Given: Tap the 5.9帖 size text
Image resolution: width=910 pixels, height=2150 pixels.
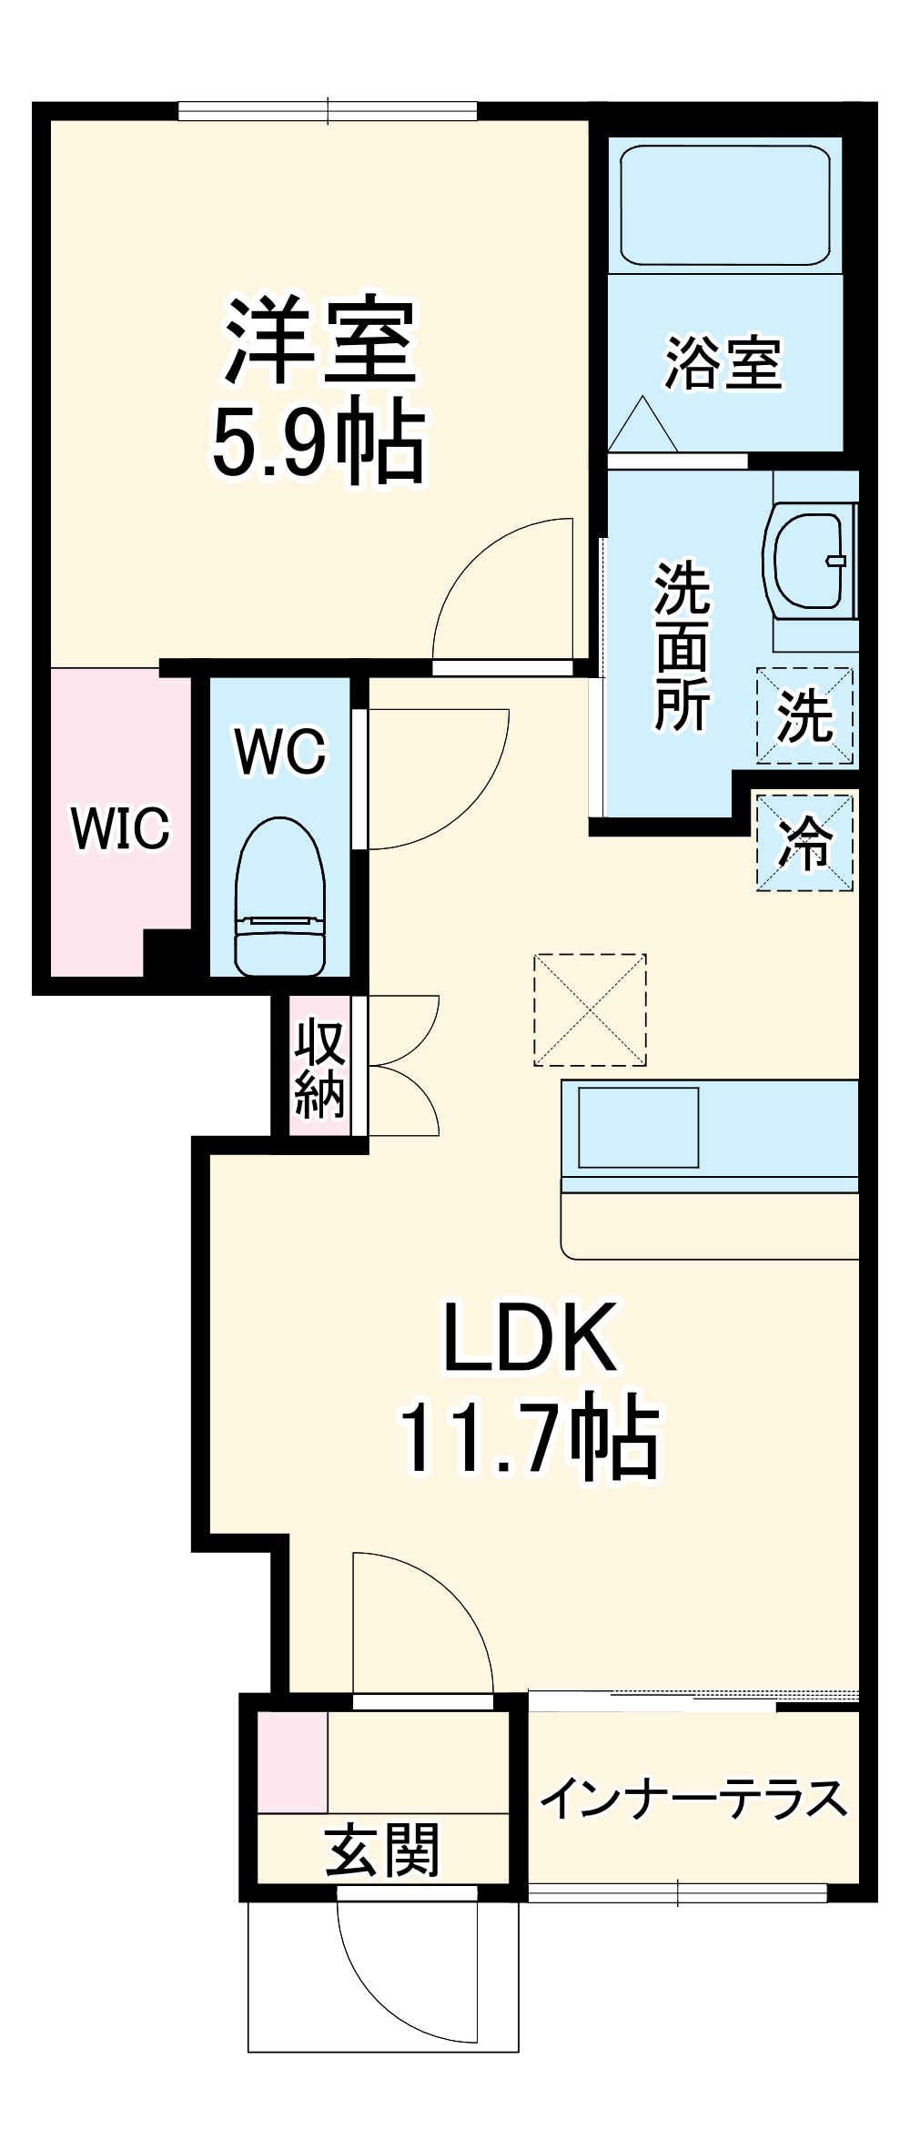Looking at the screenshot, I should click(x=318, y=445).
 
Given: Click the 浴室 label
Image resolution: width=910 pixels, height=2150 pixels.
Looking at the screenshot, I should click(x=723, y=363).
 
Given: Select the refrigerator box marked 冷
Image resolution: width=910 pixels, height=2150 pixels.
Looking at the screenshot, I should click(x=804, y=842).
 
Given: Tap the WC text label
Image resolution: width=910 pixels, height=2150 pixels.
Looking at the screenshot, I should click(x=280, y=751).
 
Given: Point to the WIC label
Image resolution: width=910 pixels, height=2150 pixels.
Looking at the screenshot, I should click(x=121, y=828).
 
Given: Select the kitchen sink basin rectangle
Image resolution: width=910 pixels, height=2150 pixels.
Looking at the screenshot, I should click(x=638, y=1127).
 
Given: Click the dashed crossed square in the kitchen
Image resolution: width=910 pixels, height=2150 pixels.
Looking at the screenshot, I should click(x=590, y=1009).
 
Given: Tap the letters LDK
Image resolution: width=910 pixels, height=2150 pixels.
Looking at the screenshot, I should click(x=531, y=1338).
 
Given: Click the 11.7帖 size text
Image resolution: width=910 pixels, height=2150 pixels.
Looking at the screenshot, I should click(x=530, y=1438).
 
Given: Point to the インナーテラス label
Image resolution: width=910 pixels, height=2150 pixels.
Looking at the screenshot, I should click(x=693, y=1799).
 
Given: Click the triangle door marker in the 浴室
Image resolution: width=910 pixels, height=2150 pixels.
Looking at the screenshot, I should click(x=643, y=424).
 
